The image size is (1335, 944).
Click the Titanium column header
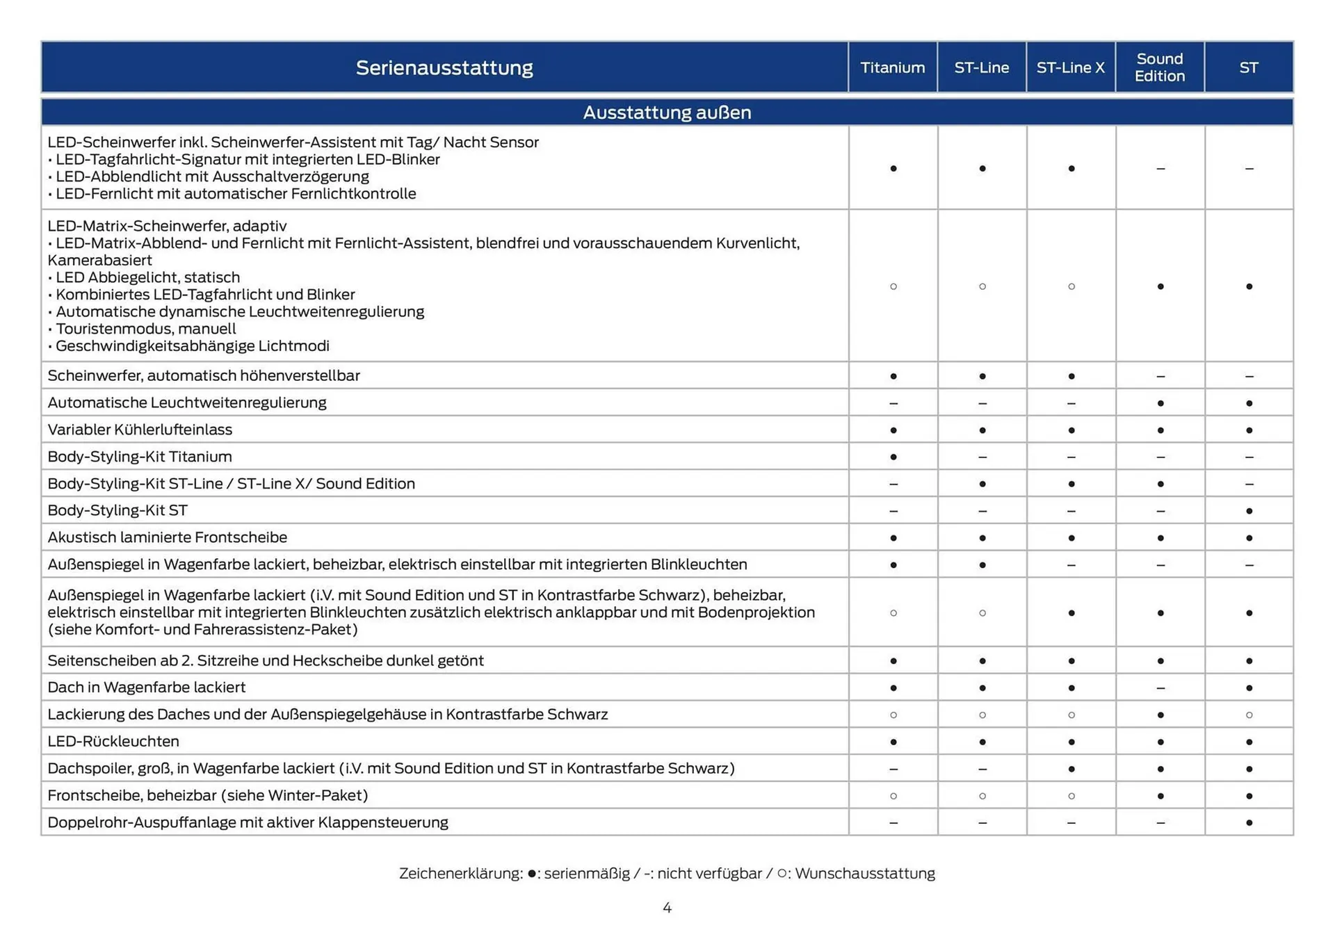(x=892, y=67)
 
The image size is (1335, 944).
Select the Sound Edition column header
(x=1159, y=67)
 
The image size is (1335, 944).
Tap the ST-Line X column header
(x=1070, y=67)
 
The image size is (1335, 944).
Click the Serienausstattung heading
(x=444, y=67)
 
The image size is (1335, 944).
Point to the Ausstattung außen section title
(x=667, y=112)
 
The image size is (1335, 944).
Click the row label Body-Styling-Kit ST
(x=118, y=510)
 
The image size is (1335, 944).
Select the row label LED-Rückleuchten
(x=113, y=741)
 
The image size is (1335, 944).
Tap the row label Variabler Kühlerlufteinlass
(x=140, y=430)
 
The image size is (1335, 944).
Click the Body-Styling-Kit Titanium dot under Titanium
(x=893, y=457)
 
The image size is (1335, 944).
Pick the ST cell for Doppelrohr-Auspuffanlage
(x=1249, y=822)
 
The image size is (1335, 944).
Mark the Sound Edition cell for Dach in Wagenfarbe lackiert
(x=1160, y=687)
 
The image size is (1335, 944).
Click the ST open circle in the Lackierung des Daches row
(x=1249, y=715)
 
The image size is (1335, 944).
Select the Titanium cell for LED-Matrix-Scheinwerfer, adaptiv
(x=893, y=286)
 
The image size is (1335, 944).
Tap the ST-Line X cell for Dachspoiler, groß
(x=1071, y=769)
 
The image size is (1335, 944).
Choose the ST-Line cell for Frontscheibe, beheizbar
(x=982, y=796)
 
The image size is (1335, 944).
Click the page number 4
(x=667, y=908)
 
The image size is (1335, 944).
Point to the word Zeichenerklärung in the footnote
(x=460, y=873)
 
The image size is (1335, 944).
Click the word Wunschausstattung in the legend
(x=865, y=873)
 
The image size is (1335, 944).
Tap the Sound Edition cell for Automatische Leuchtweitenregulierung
(x=1160, y=403)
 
